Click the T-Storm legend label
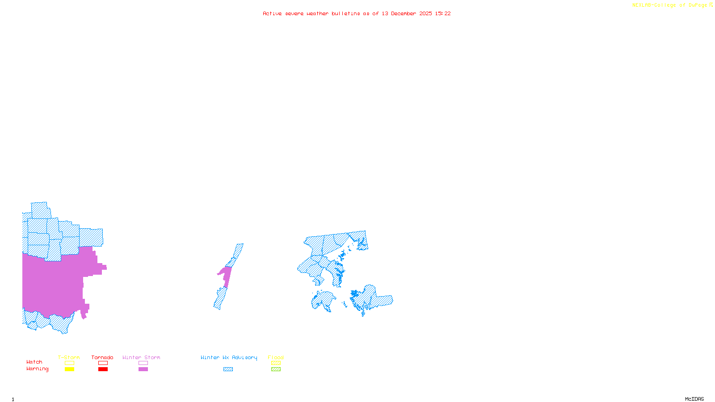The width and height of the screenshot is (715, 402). [x=69, y=357]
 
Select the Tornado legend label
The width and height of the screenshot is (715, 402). [x=102, y=357]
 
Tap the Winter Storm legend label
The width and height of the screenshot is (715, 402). [x=141, y=357]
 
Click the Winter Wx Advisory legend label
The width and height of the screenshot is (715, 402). [x=229, y=357]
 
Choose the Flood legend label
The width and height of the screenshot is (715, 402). [x=276, y=357]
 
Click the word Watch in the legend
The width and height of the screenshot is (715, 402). [x=34, y=362]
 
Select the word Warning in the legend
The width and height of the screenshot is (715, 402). [x=38, y=369]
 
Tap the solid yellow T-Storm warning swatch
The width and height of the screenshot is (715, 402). [x=69, y=369]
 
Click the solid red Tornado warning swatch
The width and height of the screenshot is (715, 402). [x=103, y=369]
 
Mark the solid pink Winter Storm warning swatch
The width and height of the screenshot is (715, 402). [x=143, y=369]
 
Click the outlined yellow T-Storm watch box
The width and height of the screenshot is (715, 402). [x=69, y=363]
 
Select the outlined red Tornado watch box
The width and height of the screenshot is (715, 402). [x=103, y=363]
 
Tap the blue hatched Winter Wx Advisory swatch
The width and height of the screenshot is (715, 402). [x=228, y=369]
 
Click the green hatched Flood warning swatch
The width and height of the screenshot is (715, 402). [x=276, y=369]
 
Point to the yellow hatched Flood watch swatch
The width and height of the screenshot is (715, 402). [x=276, y=363]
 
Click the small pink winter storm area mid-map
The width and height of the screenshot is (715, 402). [x=226, y=275]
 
